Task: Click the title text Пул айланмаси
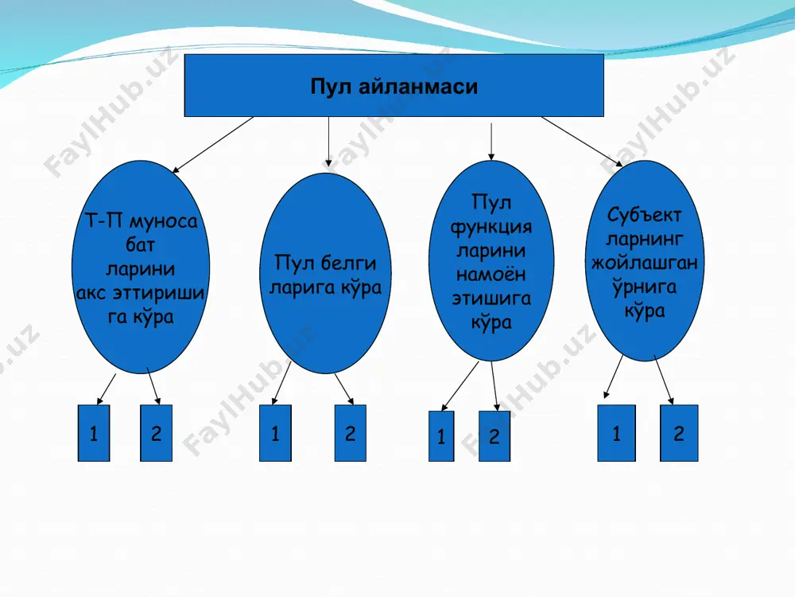tap(394, 86)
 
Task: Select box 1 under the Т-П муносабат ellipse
tap(94, 433)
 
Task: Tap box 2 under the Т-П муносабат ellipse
tap(156, 433)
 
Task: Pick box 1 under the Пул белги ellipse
tap(275, 433)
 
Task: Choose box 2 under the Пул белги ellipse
tap(351, 433)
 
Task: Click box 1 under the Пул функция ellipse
tap(441, 436)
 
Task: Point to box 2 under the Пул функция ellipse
tap(494, 436)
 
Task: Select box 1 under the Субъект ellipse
tap(617, 433)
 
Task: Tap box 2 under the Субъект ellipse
tap(679, 433)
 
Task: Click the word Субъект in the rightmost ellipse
tap(644, 215)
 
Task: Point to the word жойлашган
tap(645, 263)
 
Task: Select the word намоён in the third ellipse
tap(491, 275)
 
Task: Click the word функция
tap(491, 227)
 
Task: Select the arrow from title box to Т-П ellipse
tap(213, 145)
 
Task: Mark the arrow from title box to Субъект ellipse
tap(582, 142)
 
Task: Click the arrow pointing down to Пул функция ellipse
tap(491, 142)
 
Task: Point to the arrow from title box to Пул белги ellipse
tap(328, 142)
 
